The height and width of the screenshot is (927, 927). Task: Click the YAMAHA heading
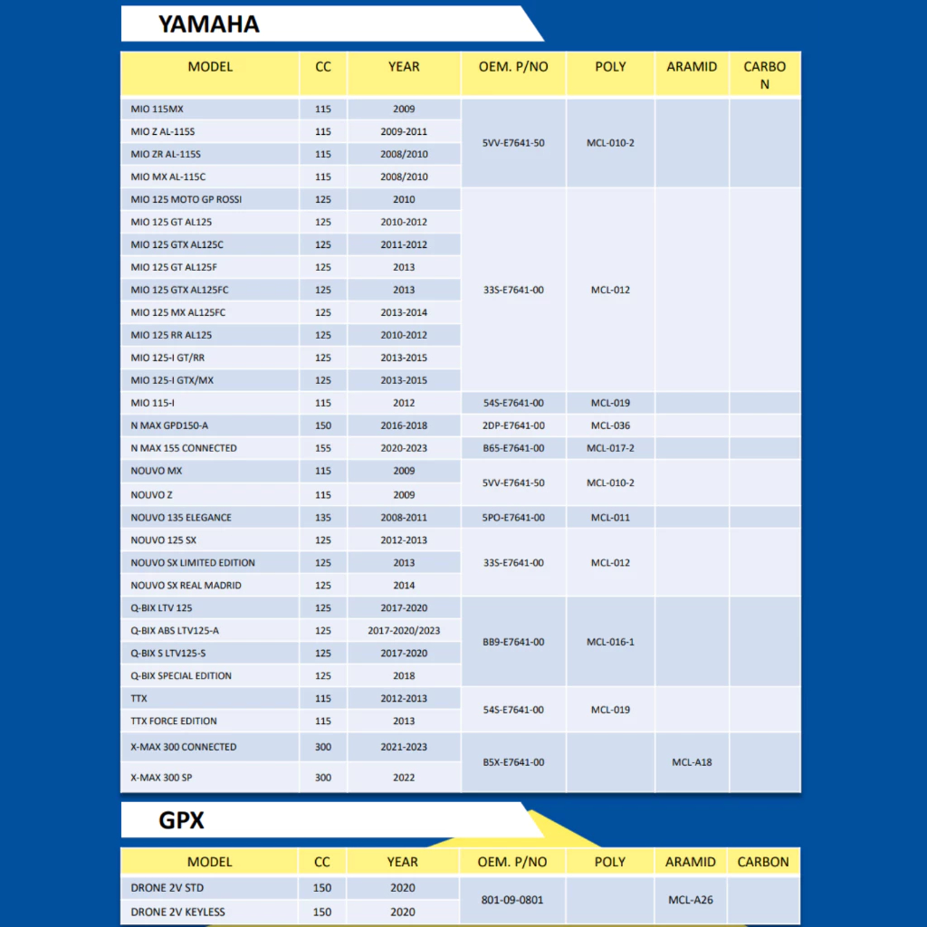click(x=209, y=24)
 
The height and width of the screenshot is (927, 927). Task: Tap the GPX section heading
click(x=181, y=820)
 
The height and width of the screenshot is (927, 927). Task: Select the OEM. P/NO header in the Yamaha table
click(x=513, y=66)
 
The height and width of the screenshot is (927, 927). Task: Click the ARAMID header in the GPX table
click(x=691, y=862)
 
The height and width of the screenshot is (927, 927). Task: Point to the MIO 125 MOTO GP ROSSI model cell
click(x=186, y=199)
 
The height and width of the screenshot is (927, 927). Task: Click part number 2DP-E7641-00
click(x=513, y=425)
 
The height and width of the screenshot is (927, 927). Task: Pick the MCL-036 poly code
click(x=610, y=425)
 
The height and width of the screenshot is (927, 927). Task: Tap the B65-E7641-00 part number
click(x=513, y=448)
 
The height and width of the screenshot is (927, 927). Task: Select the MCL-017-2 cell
click(x=610, y=448)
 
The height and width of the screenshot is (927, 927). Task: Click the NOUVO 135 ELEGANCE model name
click(x=181, y=518)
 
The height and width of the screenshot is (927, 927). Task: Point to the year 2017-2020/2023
click(x=404, y=631)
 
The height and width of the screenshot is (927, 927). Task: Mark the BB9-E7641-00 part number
click(x=513, y=642)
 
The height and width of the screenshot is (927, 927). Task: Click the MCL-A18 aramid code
click(x=692, y=762)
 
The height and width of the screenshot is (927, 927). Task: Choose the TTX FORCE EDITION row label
click(x=174, y=722)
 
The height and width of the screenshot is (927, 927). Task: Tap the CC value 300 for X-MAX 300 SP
click(x=322, y=778)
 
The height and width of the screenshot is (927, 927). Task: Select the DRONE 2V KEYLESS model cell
click(x=177, y=912)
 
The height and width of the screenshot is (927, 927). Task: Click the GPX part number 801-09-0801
click(x=513, y=900)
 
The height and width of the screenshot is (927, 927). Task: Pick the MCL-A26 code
click(x=692, y=900)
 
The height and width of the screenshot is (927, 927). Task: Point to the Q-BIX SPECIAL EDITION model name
click(x=181, y=676)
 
